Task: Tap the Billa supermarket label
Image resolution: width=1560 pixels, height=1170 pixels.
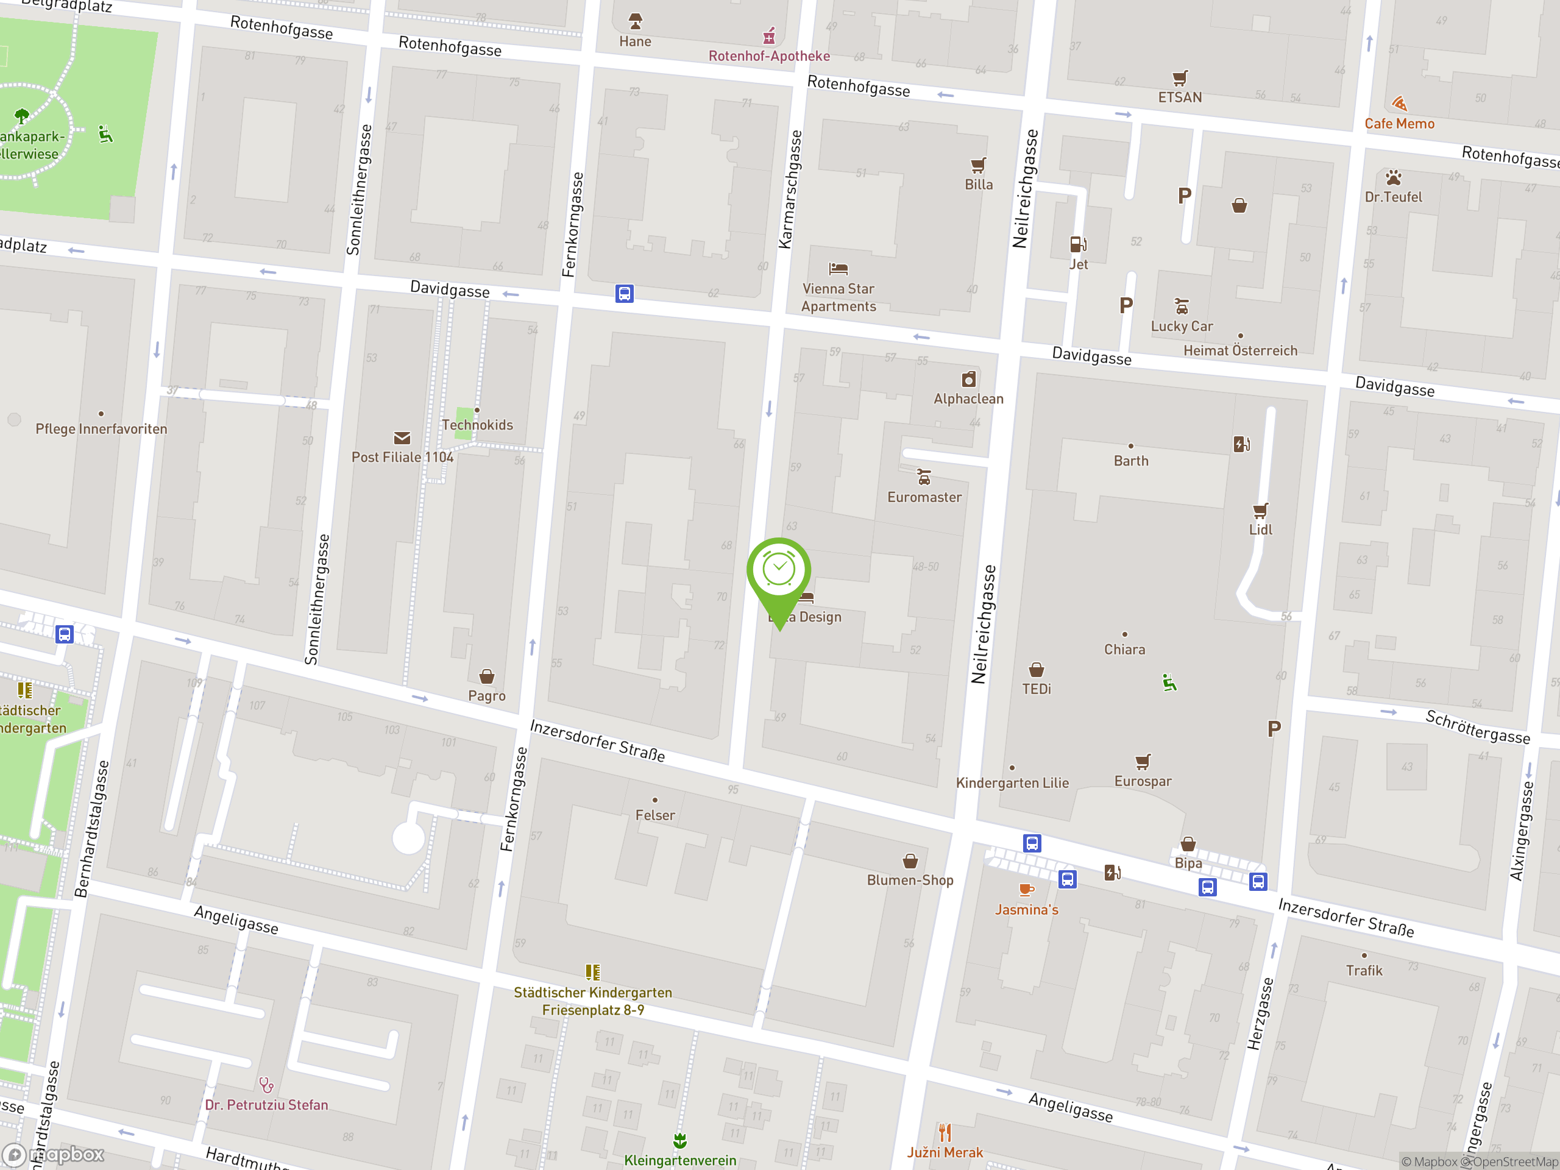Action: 978,185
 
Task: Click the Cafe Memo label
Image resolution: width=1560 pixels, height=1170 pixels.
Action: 1399,124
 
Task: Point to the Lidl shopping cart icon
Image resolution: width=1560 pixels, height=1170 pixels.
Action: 1260,511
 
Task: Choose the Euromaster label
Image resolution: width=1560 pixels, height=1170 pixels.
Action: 924,497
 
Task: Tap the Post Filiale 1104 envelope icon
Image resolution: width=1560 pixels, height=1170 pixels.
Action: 402,439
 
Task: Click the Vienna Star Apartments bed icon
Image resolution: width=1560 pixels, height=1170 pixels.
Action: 838,269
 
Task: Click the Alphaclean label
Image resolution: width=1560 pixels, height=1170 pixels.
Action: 968,399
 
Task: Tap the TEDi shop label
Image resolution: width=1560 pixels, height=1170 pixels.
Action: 1036,689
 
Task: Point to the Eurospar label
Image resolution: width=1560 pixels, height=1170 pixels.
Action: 1143,781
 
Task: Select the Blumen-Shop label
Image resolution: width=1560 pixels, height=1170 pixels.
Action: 910,880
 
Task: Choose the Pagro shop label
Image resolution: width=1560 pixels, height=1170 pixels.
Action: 487,696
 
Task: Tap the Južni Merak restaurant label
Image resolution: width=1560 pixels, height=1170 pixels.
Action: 945,1152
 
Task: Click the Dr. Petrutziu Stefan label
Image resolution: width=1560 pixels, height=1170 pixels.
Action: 266,1105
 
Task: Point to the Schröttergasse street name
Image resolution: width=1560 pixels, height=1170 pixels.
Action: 1478,727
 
